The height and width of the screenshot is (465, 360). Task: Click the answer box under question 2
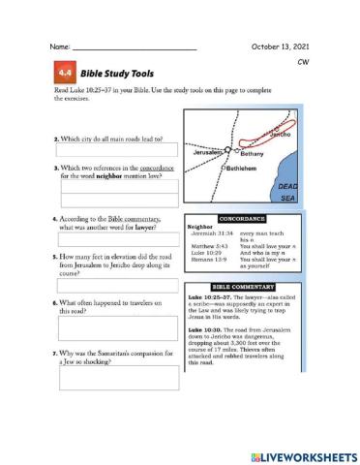116,150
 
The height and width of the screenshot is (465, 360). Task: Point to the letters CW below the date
301,61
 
